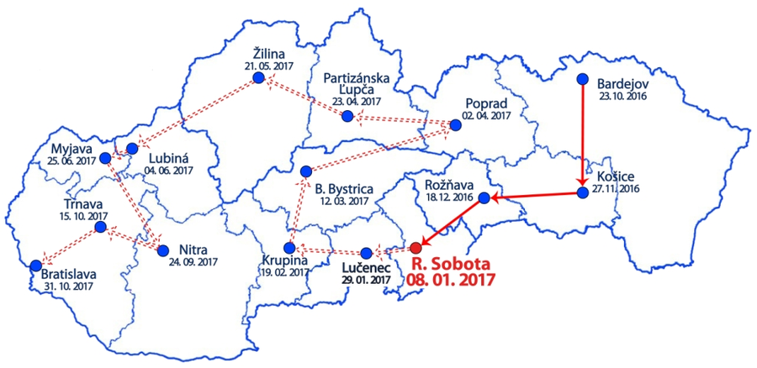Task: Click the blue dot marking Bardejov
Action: coord(582,80)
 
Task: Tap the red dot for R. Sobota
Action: coord(416,248)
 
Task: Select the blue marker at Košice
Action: coord(582,193)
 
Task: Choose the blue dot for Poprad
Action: coord(456,124)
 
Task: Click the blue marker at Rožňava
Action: coord(484,198)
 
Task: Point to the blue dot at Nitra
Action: coord(162,250)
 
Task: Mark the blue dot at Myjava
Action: coord(105,158)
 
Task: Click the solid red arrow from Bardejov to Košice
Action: coord(582,134)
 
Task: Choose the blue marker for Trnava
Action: coord(100,227)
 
